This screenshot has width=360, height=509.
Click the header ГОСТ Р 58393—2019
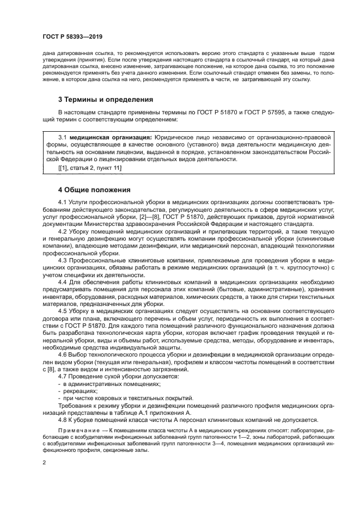(72, 37)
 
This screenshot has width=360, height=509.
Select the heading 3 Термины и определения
(99, 100)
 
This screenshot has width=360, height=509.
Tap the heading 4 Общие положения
(94, 190)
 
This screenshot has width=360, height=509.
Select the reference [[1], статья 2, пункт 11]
(90, 168)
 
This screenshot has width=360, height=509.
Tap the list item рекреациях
(80, 391)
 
